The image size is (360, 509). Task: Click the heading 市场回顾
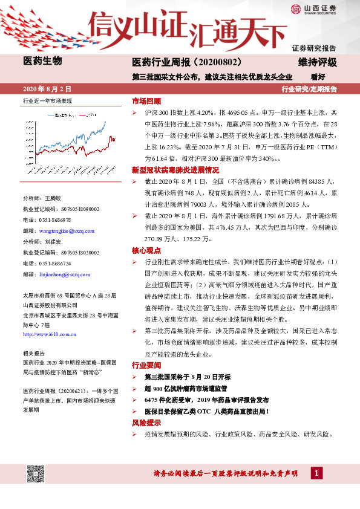[x=146, y=101]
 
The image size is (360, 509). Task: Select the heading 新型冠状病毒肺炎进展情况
[x=175, y=170]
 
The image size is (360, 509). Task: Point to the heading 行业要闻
[x=146, y=366]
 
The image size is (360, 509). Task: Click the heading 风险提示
[x=146, y=423]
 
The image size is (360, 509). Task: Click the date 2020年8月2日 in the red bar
[x=47, y=88]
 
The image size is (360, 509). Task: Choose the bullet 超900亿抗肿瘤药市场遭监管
[x=185, y=389]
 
